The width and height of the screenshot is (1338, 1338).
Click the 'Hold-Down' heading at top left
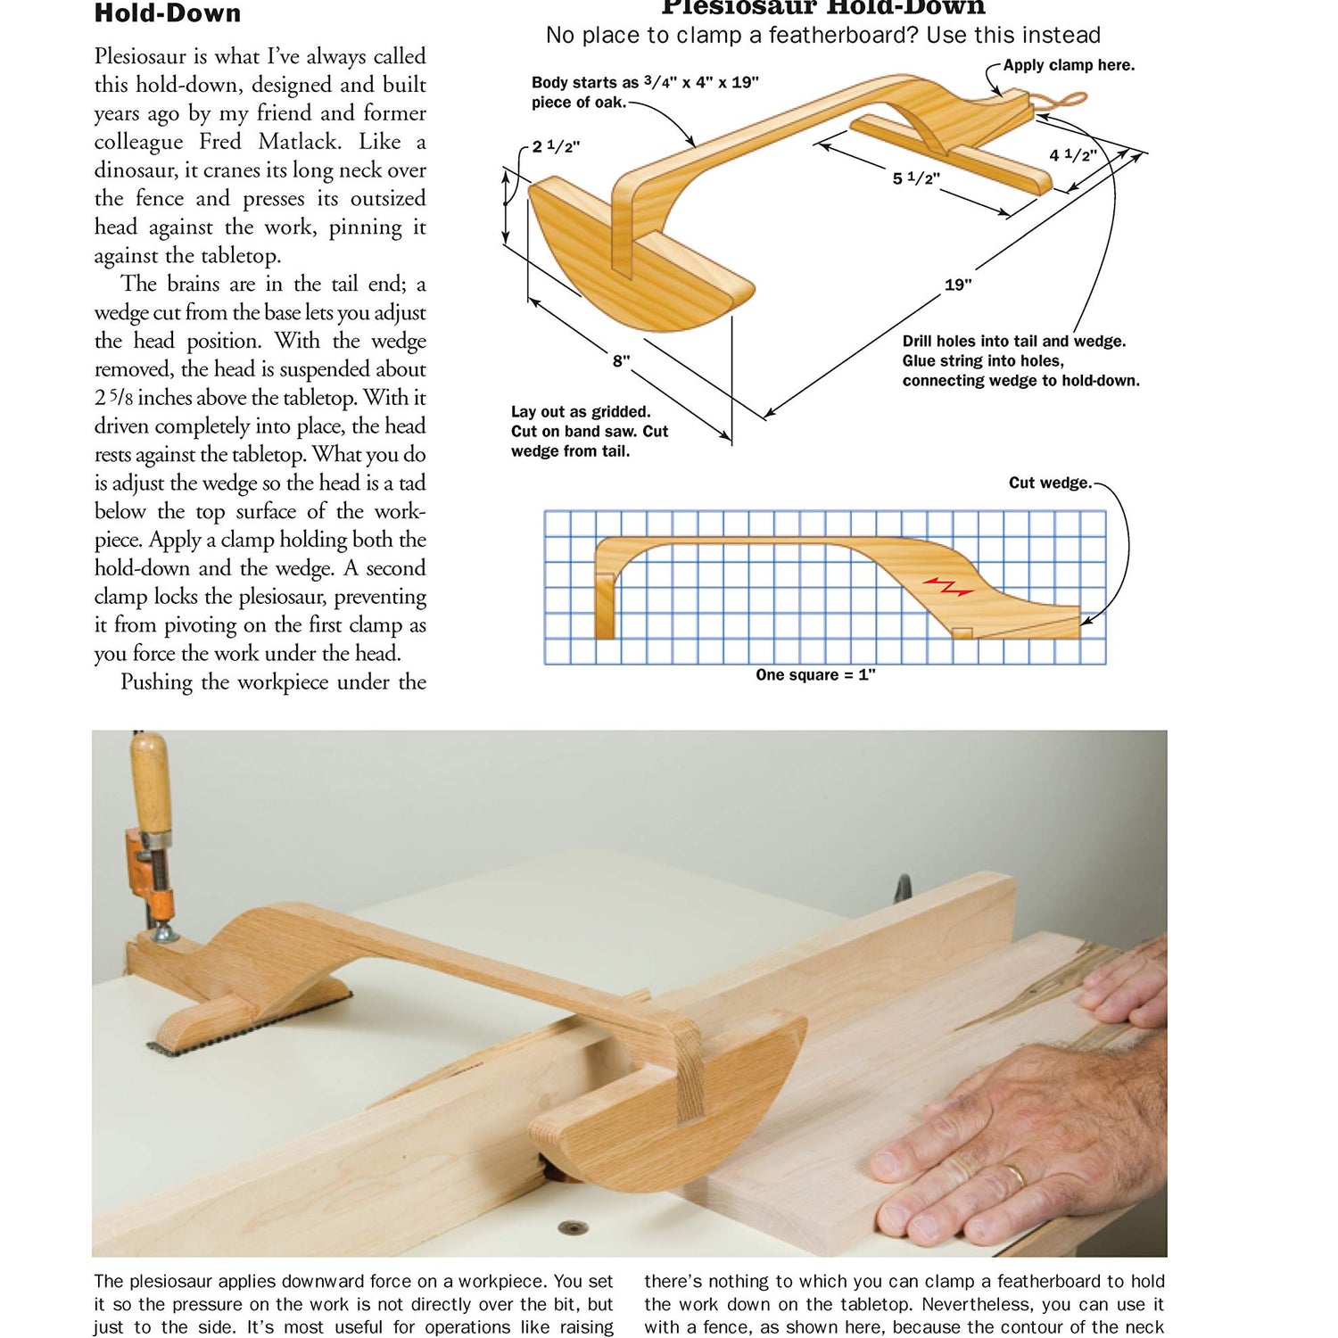coord(168,13)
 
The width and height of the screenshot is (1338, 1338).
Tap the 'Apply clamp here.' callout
coord(1069,65)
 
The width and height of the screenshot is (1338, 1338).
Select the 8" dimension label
coord(621,360)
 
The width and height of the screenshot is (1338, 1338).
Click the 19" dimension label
coord(958,285)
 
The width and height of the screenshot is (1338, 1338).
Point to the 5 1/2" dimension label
coord(916,178)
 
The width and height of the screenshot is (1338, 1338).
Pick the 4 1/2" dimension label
coord(1072,155)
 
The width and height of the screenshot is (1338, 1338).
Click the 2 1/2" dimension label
coord(556,146)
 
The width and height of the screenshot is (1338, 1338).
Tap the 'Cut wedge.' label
coord(1050,483)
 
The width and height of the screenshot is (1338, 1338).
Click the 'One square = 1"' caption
coord(815,675)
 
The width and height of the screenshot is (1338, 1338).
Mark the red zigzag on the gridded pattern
coord(947,586)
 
